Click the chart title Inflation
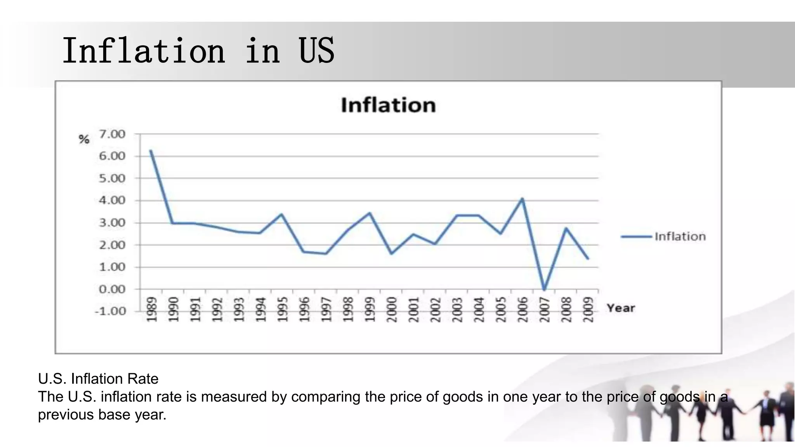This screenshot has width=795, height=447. point(388,105)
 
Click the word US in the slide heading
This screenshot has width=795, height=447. point(316,51)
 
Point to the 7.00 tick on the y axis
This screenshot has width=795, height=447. point(112,134)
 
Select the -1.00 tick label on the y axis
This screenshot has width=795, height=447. point(110,311)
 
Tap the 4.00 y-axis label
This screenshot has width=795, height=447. point(112,201)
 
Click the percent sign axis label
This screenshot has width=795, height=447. point(84,139)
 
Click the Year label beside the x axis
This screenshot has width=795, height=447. point(621,308)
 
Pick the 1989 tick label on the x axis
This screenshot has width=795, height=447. point(152,309)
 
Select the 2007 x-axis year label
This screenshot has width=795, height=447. point(545,309)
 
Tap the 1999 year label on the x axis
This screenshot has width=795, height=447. point(370,309)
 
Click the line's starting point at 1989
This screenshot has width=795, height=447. point(151,151)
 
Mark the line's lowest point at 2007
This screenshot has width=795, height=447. point(544,289)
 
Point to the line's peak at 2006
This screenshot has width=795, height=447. point(522,199)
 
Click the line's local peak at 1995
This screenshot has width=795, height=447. point(281,214)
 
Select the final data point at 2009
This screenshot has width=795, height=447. point(588,258)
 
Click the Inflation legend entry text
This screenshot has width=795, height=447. point(680,236)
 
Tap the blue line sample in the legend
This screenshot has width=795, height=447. point(636,236)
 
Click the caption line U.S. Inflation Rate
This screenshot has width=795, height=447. point(98,379)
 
